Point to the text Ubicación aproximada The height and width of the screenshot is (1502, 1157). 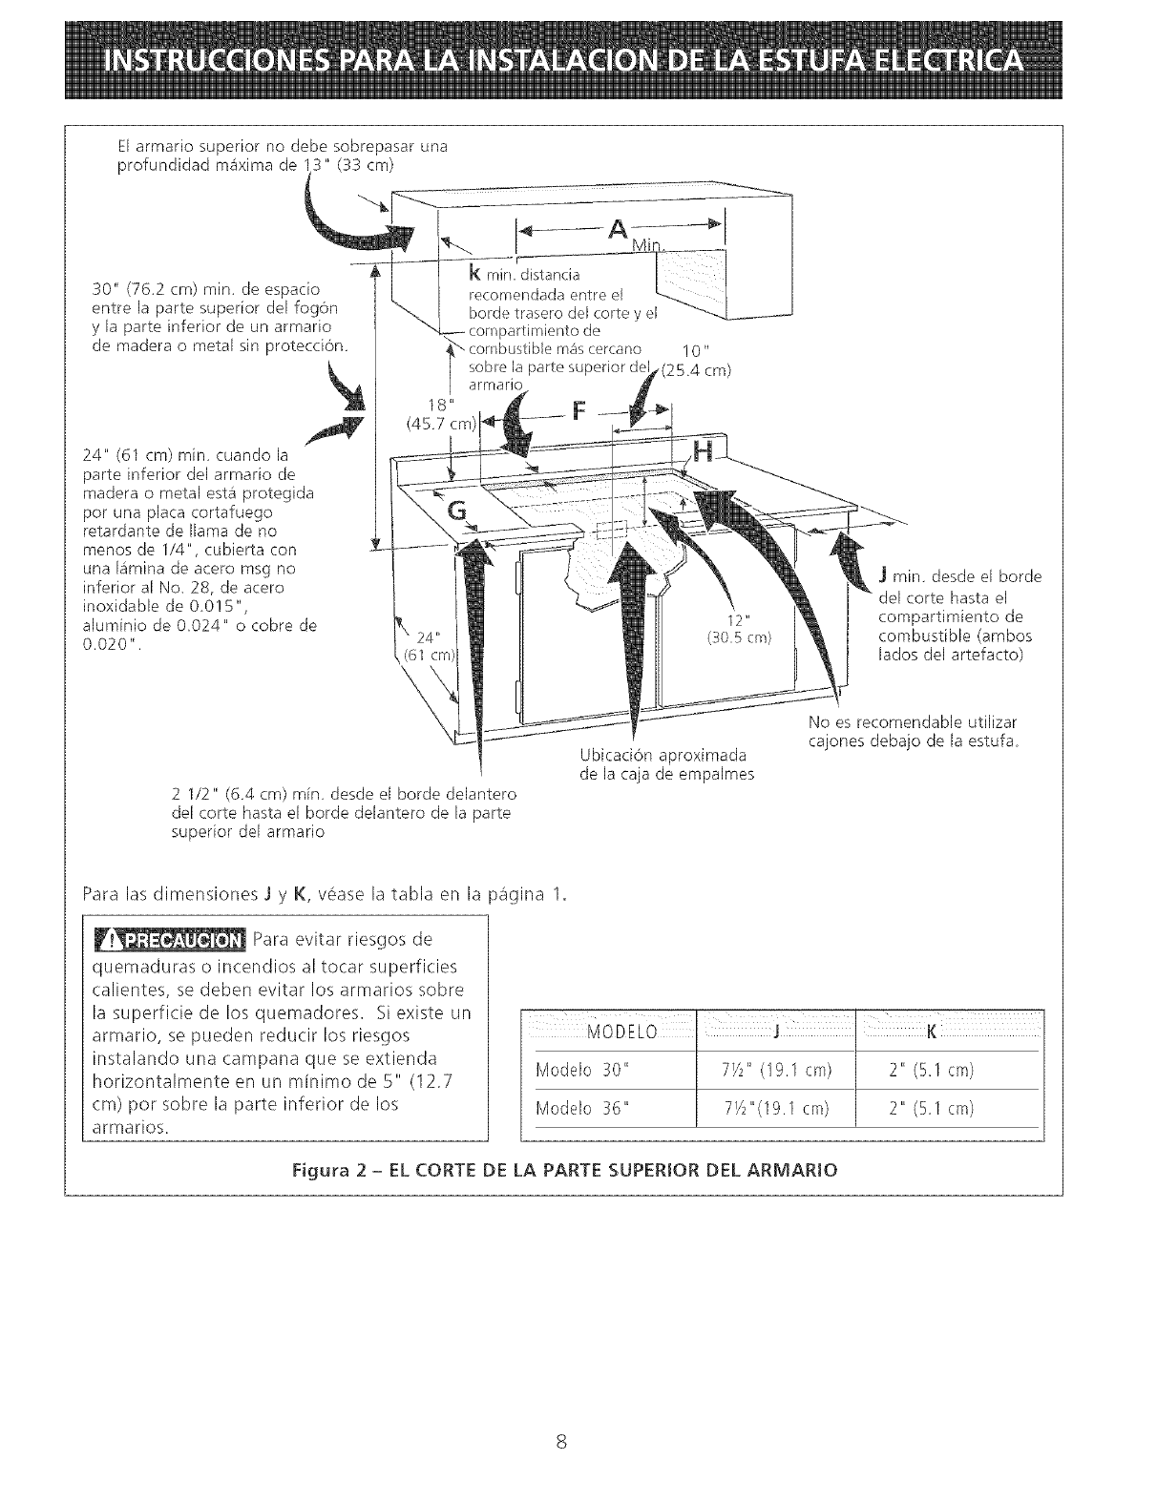663,756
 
